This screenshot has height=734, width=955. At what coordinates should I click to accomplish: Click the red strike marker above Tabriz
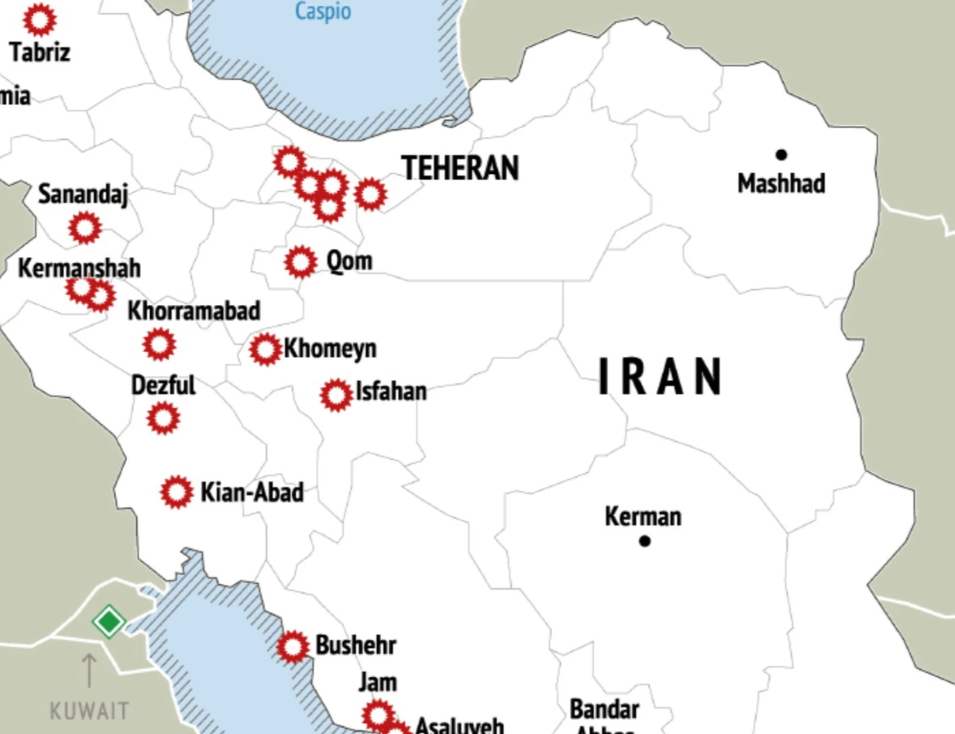click(x=40, y=20)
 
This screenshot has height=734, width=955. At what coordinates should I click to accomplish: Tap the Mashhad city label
click(x=781, y=183)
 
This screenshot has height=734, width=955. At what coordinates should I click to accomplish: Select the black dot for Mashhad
click(x=781, y=155)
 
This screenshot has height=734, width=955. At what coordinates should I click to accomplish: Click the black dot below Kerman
click(x=645, y=541)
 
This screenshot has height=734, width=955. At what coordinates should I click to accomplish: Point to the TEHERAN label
click(x=460, y=168)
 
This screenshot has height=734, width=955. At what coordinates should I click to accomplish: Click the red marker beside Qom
click(x=301, y=262)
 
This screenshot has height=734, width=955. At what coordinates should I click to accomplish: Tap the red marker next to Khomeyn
click(x=265, y=349)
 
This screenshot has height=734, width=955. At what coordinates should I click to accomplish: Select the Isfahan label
click(x=391, y=391)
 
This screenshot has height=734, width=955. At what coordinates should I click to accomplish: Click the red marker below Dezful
click(x=163, y=418)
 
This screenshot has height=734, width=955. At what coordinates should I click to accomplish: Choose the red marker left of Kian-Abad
click(x=176, y=492)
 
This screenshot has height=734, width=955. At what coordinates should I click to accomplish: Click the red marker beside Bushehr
click(x=293, y=646)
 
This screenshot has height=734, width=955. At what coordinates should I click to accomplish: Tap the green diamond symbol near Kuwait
click(x=109, y=621)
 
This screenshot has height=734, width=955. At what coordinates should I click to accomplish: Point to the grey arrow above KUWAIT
click(x=89, y=670)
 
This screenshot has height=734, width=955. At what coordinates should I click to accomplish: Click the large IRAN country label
click(x=660, y=376)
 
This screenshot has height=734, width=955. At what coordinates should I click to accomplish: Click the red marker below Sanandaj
click(x=85, y=228)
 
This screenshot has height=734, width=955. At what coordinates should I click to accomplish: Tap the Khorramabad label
click(x=194, y=311)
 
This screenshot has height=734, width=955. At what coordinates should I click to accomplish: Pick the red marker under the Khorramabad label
click(x=159, y=344)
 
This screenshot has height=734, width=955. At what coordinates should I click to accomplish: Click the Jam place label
click(x=377, y=682)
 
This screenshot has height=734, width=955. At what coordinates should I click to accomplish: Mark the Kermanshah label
click(x=79, y=268)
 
